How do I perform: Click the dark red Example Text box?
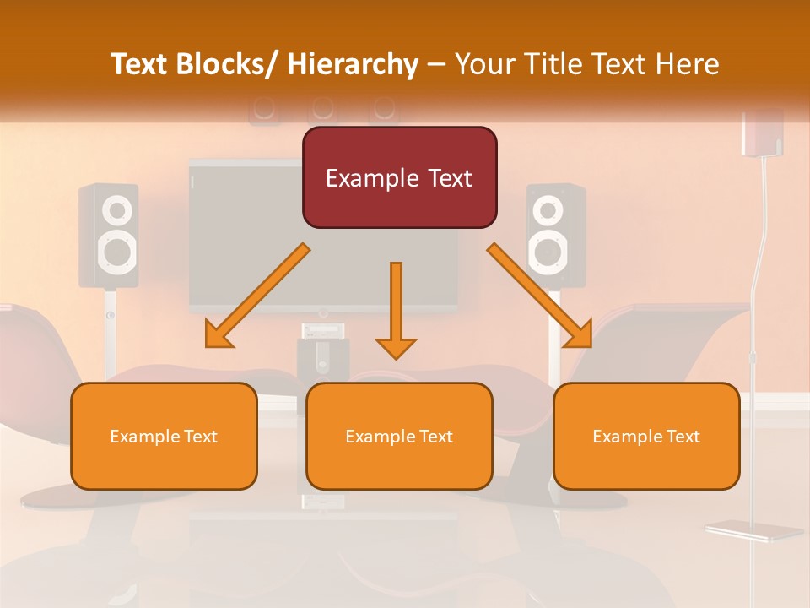coord(399,177)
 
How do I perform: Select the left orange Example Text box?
coord(164,436)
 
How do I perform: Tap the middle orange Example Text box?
coord(399,436)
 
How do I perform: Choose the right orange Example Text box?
coord(646,436)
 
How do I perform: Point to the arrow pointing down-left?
coord(256,296)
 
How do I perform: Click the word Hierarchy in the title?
coord(353,64)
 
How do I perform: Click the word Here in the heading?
coord(688,64)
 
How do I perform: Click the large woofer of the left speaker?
coord(117,249)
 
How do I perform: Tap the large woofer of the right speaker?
coord(548,249)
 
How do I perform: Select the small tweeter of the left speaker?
coord(118,209)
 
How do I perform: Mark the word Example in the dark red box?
coord(361,178)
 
